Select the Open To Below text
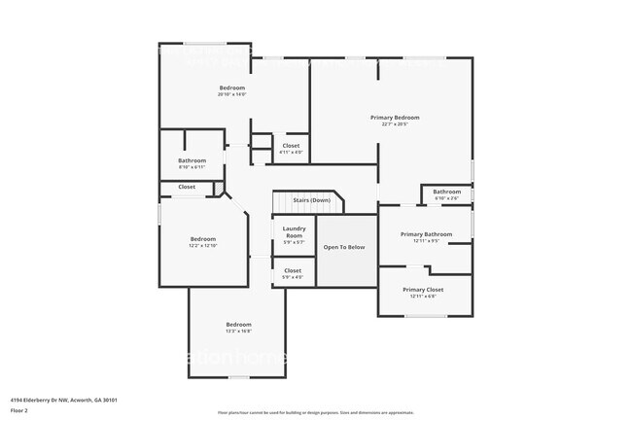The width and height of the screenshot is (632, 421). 344,247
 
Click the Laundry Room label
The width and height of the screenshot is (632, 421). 294,232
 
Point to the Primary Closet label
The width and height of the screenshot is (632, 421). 423,290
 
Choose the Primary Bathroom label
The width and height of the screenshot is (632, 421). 426,234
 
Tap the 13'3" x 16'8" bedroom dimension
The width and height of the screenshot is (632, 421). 239,332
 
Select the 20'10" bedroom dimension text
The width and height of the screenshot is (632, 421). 231,94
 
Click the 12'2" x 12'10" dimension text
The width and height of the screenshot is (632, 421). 203,246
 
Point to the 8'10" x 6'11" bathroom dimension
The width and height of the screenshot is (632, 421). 192,167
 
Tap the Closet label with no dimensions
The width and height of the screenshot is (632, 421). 187,187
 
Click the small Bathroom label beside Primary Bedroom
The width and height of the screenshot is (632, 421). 447,192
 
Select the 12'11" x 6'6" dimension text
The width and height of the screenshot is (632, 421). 423,297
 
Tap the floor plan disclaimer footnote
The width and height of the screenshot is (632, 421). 315,413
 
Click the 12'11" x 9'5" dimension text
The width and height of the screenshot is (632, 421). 426,241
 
